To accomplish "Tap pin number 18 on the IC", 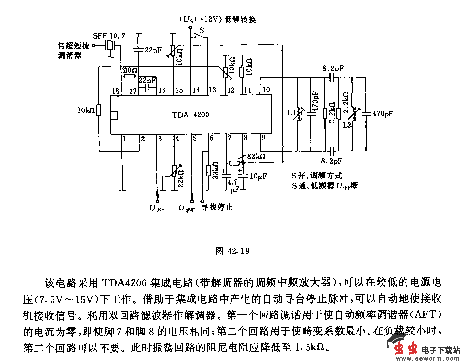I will coord(116,90).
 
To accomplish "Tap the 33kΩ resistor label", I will coord(216,171).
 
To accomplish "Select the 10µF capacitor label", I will coord(259,176).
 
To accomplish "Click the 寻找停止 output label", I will coord(217,207).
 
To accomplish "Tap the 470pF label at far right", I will coord(382,113).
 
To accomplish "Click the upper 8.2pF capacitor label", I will coord(333,67).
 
